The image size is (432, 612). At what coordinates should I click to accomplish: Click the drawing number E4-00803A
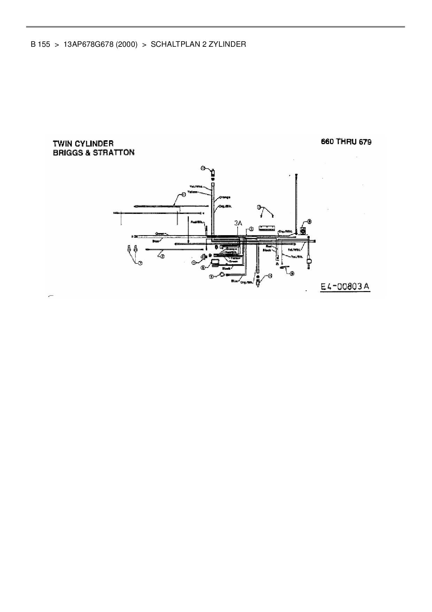345,286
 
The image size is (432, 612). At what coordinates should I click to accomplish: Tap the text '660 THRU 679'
346,142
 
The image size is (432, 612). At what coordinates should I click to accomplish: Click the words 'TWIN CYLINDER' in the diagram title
83,143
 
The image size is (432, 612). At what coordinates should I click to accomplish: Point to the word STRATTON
114,153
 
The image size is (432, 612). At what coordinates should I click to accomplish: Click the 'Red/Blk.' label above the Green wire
197,221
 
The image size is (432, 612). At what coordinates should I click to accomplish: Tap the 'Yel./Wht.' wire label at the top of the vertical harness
194,187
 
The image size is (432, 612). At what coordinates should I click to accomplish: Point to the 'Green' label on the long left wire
160,233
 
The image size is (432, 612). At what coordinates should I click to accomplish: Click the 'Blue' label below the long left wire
156,241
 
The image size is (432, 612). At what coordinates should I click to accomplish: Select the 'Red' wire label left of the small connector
268,246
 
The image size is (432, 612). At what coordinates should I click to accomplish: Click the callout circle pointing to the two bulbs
140,263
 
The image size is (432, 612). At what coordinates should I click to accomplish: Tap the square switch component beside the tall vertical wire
303,231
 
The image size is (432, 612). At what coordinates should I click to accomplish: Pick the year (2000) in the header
127,44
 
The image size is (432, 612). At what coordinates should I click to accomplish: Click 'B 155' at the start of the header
40,44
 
